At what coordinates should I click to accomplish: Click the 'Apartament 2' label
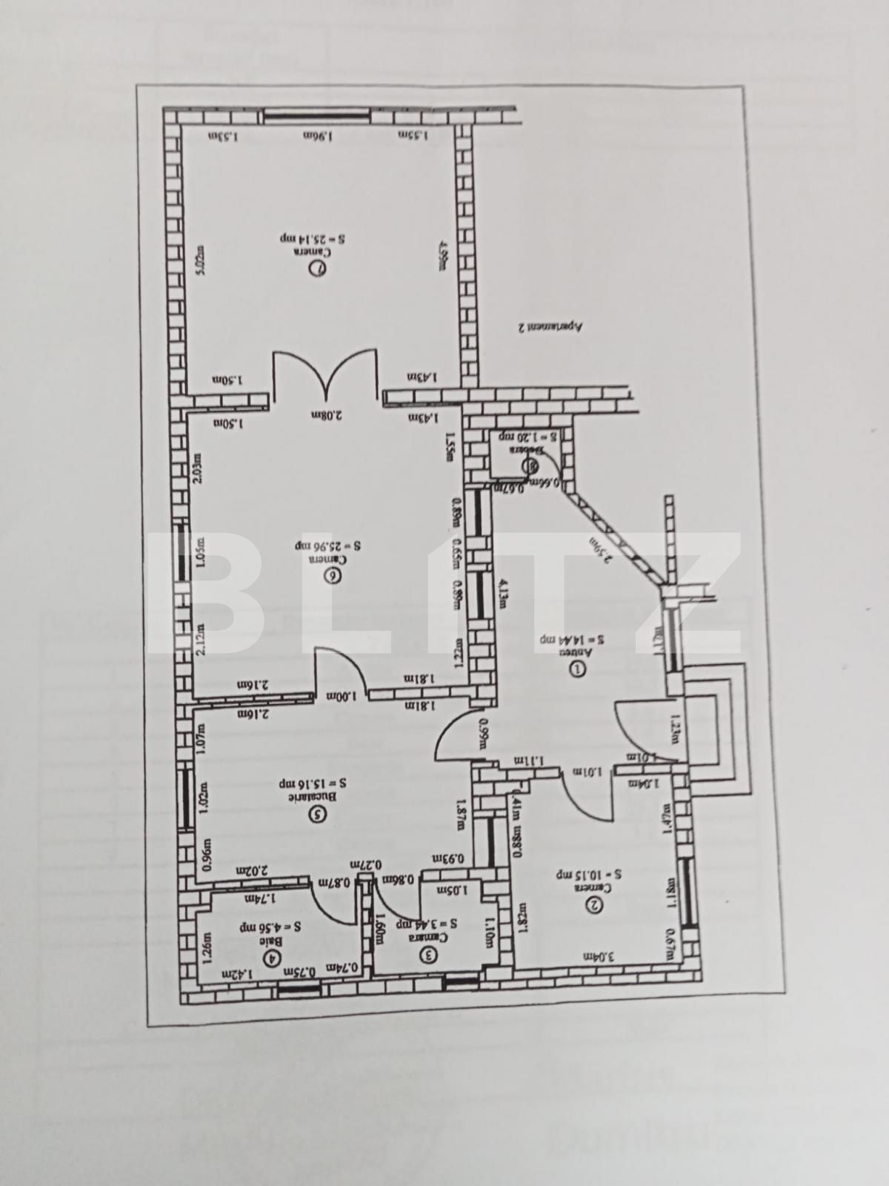[551, 326]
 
